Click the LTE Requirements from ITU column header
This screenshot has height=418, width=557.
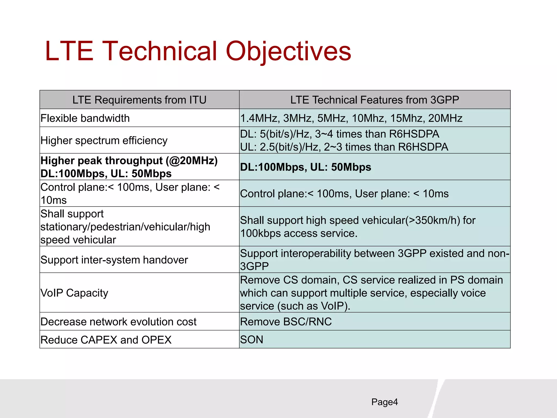pos(139,100)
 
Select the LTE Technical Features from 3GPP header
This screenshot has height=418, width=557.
pos(375,100)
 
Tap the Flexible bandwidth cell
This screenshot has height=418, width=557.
pos(85,118)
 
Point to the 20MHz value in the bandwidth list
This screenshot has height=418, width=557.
pos(445,118)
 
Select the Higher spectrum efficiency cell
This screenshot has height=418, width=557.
pos(104,140)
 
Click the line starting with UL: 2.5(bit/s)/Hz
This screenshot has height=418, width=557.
pos(344,147)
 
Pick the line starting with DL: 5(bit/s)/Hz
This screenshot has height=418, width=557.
pos(339,134)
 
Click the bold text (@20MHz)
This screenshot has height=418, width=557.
pos(192,161)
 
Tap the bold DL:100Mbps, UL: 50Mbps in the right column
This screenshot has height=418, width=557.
pos(305,167)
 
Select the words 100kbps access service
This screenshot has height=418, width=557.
pos(298,233)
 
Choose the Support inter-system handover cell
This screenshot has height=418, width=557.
pos(114,260)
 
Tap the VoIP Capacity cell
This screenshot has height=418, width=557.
pos(74,293)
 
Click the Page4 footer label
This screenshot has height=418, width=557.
pos(384,402)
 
